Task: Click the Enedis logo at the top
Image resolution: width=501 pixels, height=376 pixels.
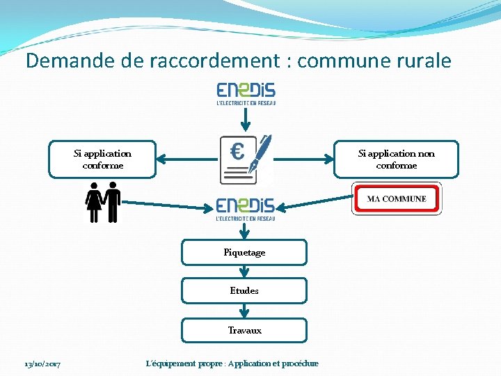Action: [246, 93]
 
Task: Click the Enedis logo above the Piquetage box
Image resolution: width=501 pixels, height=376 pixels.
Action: [246, 208]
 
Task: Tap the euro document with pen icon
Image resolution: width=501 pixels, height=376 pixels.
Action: [245, 159]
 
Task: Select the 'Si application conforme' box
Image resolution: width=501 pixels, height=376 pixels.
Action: [102, 159]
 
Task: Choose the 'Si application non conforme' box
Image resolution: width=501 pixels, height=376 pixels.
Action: [396, 159]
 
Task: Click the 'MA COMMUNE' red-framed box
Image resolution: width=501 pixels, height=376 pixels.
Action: [397, 199]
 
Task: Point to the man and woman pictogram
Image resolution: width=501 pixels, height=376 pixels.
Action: [102, 202]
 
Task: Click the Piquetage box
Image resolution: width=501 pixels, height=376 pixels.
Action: [244, 253]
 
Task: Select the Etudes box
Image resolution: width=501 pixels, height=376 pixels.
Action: [244, 291]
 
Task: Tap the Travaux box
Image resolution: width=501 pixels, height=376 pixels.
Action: [244, 331]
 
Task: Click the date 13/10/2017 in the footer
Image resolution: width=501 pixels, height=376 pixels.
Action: [42, 364]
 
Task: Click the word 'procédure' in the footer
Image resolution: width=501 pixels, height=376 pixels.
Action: [297, 363]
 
